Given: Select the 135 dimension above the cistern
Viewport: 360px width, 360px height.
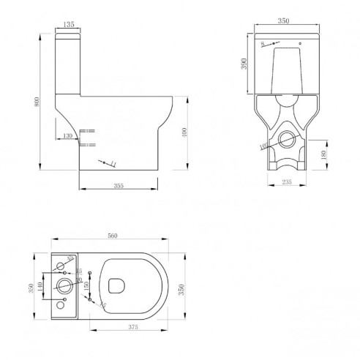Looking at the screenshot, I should pos(70,23).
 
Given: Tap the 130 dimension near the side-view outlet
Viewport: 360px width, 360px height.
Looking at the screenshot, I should pos(67,136).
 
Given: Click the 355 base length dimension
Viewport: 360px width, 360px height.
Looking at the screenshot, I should pos(118,186).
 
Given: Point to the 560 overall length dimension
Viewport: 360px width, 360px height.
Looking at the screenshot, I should pos(113,236).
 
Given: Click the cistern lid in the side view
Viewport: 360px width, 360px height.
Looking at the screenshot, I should pos(70,33).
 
